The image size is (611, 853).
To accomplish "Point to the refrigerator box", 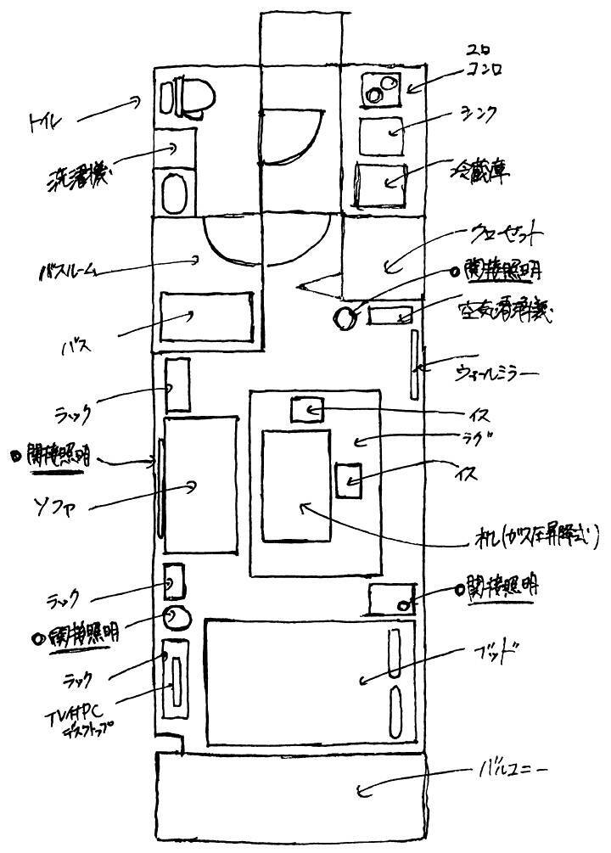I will [381, 183].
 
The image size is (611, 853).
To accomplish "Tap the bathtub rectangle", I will [208, 317].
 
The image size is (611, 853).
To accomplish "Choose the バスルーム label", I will [70, 272].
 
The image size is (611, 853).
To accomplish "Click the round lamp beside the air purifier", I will [347, 318].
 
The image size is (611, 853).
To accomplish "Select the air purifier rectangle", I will [391, 315].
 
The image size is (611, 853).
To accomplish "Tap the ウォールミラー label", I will [496, 373].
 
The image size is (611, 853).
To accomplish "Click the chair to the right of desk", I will [348, 481].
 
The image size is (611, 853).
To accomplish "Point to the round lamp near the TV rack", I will [177, 618].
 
